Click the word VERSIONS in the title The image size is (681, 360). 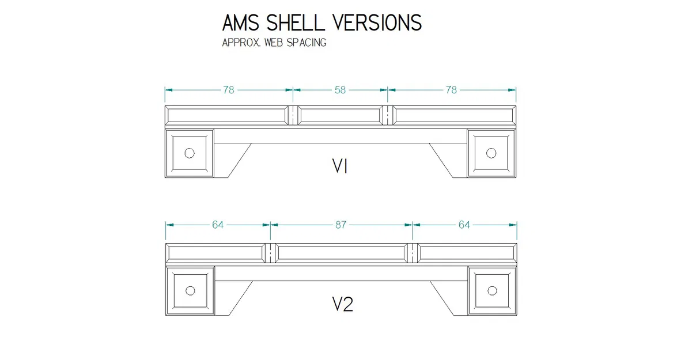coord(377,23)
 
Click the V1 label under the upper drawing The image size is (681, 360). coord(340,166)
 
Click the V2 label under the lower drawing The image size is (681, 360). coord(342,304)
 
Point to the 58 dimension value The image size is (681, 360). coord(340,90)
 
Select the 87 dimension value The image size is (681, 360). coord(341,225)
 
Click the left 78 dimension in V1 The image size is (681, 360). coord(229,90)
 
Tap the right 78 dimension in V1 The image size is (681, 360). coord(452,90)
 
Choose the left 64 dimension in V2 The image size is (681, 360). coord(218,225)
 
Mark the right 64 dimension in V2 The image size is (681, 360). coord(464,225)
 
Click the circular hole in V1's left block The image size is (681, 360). coord(190,153)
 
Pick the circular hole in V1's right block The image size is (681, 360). coord(491,153)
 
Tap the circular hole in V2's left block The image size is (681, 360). coord(190,290)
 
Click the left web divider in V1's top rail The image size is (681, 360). coord(293,116)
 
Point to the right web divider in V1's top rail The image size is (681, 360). coord(388,116)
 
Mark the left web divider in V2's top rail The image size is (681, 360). coord(271,253)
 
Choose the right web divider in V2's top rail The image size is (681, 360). coord(412,253)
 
